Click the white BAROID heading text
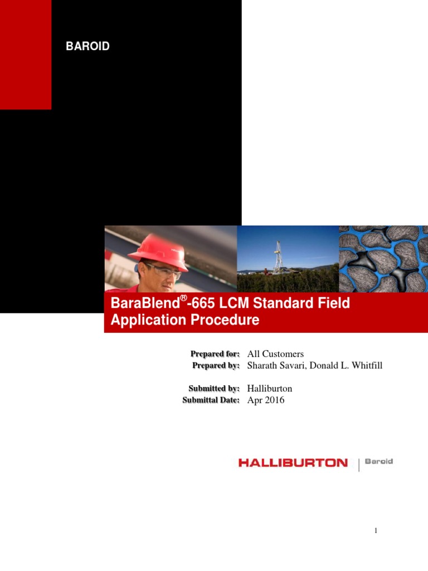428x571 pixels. (x=87, y=46)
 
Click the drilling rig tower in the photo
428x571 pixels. (x=278, y=257)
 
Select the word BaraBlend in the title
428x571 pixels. (x=145, y=303)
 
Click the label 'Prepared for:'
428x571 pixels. (x=215, y=354)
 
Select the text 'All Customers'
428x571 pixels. (x=275, y=354)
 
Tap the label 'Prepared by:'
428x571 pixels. (x=216, y=365)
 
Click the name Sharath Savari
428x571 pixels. (x=276, y=365)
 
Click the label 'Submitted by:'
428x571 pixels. (x=214, y=388)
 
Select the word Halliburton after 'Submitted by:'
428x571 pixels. (x=270, y=388)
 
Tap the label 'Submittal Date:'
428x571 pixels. (x=211, y=400)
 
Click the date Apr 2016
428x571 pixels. (x=266, y=400)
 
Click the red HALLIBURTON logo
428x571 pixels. (x=293, y=463)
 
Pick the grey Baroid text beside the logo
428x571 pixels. (x=379, y=461)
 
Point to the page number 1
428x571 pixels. (x=376, y=531)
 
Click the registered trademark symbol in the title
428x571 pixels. (x=184, y=298)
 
